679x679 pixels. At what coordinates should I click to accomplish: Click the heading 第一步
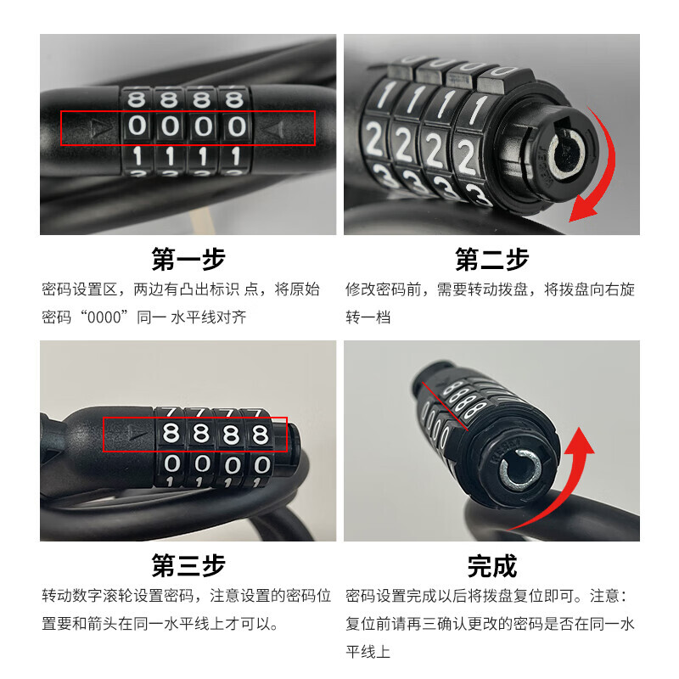(188, 260)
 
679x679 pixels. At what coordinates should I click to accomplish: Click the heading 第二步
(492, 260)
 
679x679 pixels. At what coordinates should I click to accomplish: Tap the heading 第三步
(188, 565)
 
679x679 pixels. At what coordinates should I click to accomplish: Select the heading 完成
(492, 566)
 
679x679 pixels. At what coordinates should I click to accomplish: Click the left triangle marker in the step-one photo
(96, 129)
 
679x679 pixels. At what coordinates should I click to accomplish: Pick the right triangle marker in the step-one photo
(277, 129)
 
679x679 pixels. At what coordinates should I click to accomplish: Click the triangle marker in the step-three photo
(134, 433)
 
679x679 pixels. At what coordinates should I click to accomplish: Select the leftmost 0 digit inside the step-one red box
(137, 126)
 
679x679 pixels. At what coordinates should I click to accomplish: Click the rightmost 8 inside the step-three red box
(261, 434)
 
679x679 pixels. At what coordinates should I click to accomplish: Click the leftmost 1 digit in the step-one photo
(137, 156)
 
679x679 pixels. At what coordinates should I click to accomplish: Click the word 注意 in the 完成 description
(604, 596)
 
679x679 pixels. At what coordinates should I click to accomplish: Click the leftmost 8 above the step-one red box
(137, 99)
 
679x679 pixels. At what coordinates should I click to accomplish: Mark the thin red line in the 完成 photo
(445, 407)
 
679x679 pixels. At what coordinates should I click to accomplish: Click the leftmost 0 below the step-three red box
(172, 463)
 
